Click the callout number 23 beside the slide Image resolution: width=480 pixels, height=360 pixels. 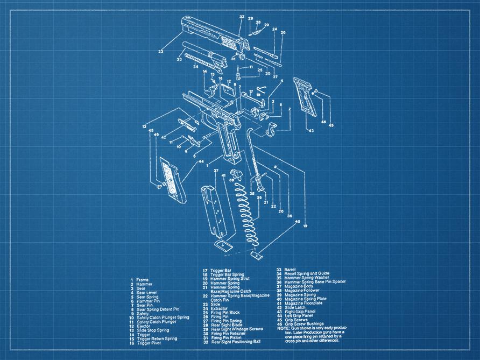point(160,52)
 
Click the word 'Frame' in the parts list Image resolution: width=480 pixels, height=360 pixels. point(142,280)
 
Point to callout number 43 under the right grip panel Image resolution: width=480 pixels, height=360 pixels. point(310,131)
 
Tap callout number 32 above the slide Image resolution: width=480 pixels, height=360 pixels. point(242,17)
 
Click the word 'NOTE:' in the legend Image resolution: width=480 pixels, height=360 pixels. point(284,328)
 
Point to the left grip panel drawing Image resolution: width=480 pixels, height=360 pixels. point(172,183)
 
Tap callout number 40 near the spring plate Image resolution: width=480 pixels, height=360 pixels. point(297,221)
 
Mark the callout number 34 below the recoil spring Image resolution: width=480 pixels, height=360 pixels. point(195,67)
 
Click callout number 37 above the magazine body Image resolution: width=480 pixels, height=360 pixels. point(216,171)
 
